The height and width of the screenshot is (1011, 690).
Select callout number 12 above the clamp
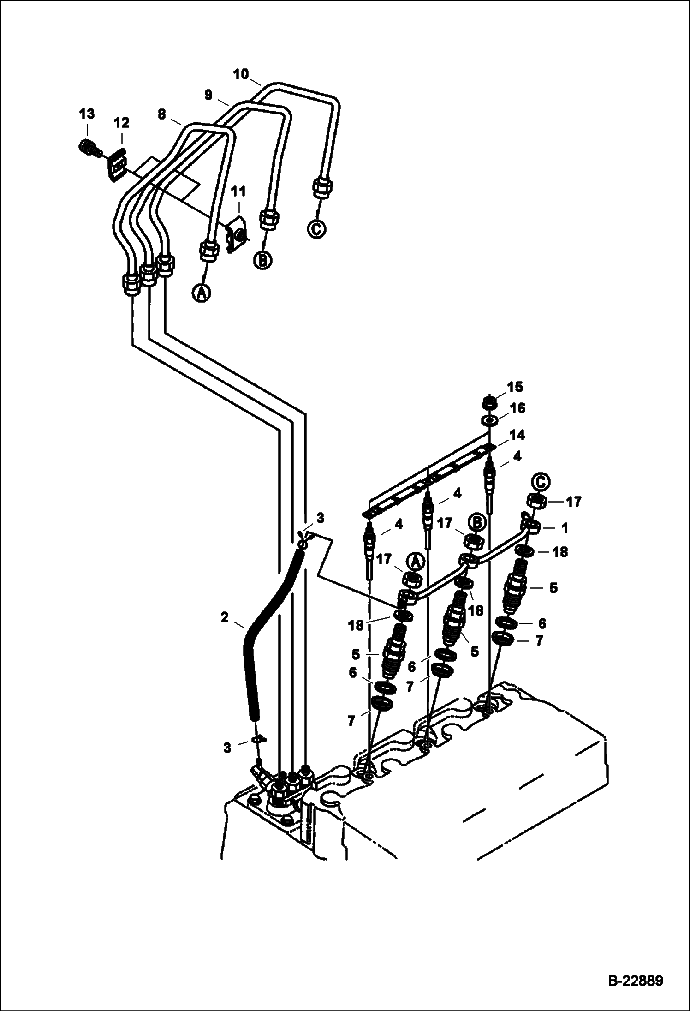122,123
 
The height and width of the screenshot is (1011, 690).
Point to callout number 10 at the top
241,74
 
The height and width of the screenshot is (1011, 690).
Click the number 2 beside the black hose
225,617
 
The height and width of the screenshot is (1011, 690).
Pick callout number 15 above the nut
516,387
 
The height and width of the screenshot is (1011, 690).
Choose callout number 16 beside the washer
517,408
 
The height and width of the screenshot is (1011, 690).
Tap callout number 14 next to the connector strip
517,435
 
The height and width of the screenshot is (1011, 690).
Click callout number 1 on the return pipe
564,528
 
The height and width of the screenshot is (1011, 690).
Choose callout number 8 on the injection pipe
161,114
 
